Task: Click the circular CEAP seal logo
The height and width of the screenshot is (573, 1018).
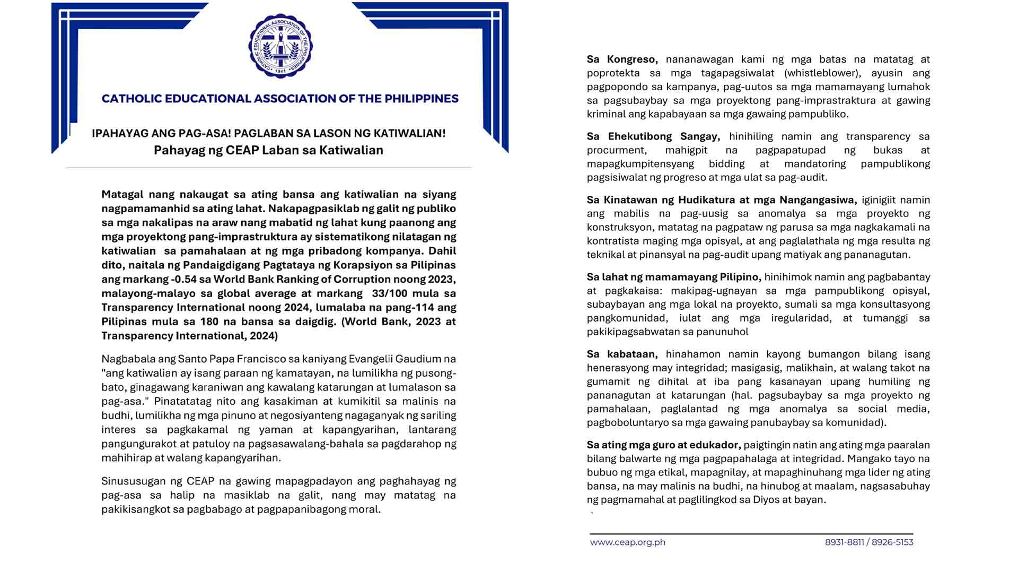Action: pos(280,46)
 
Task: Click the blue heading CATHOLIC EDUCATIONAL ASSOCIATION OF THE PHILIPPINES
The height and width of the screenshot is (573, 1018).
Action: pos(280,99)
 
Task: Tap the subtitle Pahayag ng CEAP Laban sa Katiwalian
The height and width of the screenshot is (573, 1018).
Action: pos(268,150)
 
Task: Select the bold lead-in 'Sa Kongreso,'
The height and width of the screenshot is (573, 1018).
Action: pos(622,59)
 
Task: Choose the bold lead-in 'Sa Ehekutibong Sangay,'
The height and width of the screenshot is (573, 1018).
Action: pos(653,136)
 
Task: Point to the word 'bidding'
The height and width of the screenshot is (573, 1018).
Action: pos(726,164)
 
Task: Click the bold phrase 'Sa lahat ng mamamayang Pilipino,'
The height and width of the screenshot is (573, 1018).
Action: pos(674,277)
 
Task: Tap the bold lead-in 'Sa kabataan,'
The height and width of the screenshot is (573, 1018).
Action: pos(622,354)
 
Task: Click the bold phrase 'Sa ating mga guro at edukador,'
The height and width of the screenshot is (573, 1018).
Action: pos(664,445)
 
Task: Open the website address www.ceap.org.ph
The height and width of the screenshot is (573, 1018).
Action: pos(627,542)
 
